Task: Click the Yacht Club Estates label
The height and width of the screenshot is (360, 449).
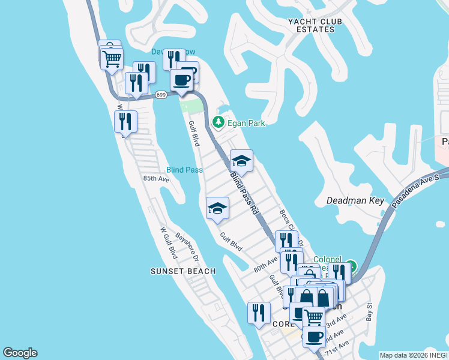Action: (310, 25)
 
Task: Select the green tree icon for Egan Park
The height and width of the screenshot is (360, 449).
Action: (218, 122)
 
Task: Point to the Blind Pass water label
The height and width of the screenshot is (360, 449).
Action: (184, 170)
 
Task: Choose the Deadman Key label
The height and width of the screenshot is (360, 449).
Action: (355, 200)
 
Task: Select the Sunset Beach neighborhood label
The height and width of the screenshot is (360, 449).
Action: (182, 271)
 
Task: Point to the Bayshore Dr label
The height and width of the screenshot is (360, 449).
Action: (187, 247)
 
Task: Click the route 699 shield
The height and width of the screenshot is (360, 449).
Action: (161, 95)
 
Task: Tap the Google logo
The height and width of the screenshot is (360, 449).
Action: (20, 353)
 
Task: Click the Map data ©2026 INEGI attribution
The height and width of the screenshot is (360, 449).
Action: (413, 355)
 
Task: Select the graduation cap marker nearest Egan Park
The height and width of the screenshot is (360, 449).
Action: (241, 161)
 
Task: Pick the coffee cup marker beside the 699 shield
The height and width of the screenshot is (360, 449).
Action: (181, 80)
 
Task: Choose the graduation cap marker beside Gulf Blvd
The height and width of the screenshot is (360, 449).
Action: (217, 208)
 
